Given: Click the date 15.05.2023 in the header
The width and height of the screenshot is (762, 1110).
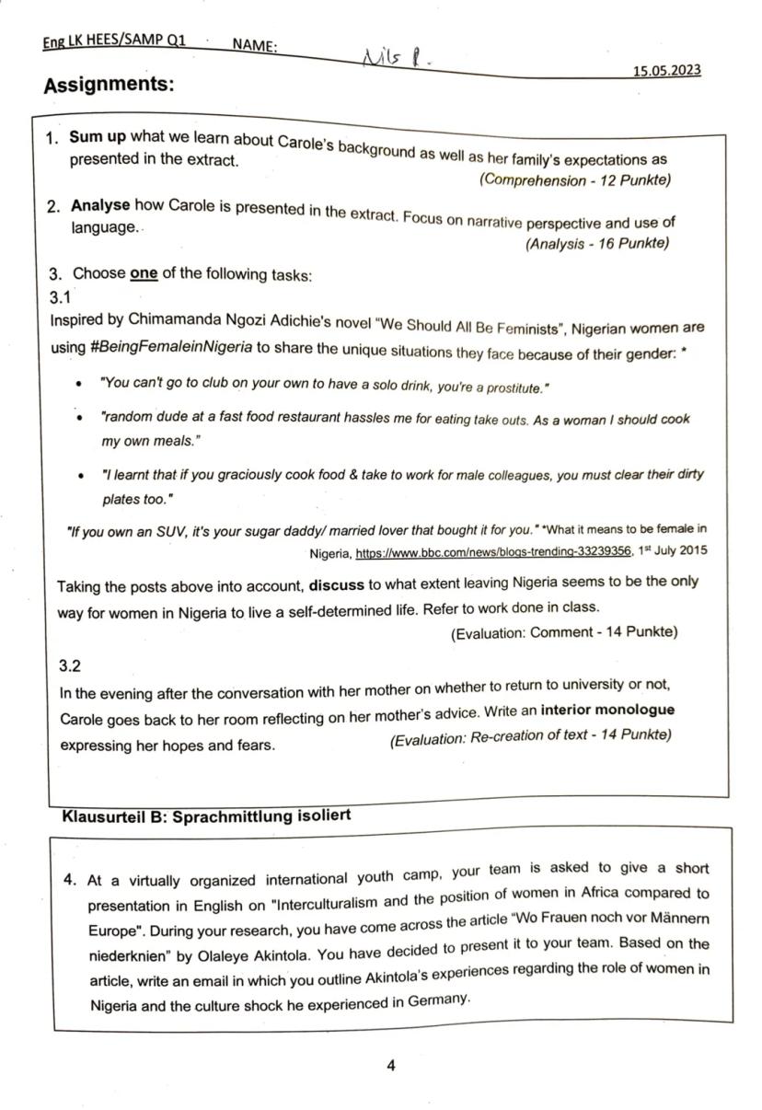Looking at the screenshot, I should [667, 70].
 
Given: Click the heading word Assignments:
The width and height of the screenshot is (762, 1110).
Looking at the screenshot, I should [109, 86].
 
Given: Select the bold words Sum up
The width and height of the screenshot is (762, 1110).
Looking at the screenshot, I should [98, 137].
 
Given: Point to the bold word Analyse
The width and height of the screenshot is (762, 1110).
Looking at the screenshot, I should [100, 204].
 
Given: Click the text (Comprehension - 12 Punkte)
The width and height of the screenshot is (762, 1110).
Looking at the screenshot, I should [574, 180].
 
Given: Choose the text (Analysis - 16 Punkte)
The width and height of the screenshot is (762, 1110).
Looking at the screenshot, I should [596, 244].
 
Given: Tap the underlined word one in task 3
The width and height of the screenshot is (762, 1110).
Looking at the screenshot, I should [144, 274].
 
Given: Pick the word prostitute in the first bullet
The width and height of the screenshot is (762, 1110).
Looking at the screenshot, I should [516, 387].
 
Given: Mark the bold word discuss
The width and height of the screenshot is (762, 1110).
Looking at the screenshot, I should [337, 584].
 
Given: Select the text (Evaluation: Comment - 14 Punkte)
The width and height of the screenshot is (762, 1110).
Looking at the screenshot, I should [563, 632].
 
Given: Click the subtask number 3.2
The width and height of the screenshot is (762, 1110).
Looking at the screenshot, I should [70, 665].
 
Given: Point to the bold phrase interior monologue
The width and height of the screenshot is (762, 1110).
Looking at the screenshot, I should [607, 711].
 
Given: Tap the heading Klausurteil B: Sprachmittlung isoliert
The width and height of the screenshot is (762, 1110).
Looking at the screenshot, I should [205, 815].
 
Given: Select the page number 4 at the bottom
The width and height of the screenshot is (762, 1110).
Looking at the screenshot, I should [391, 1066].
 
